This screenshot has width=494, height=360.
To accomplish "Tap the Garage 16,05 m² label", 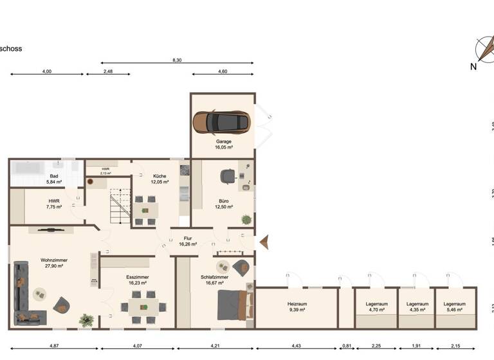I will coord(224,144).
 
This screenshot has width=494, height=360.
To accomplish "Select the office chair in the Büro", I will coord(227,175).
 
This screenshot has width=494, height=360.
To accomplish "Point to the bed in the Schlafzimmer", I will coord(230,304).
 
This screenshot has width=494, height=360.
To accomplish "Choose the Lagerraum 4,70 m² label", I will coord(376,307).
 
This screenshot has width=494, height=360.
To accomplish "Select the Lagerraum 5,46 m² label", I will coord(455,307).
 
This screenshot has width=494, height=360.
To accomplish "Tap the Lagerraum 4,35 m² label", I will coord(418,307).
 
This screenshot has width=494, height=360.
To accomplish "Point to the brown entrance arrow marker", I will coord(264,242).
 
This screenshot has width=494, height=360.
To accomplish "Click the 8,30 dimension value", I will coord(176,60).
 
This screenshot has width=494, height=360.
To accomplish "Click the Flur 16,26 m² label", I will coord(188,241).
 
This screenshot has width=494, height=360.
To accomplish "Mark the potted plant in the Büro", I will coord(246,220).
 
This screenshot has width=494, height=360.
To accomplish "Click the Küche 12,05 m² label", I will coord(160,179).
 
